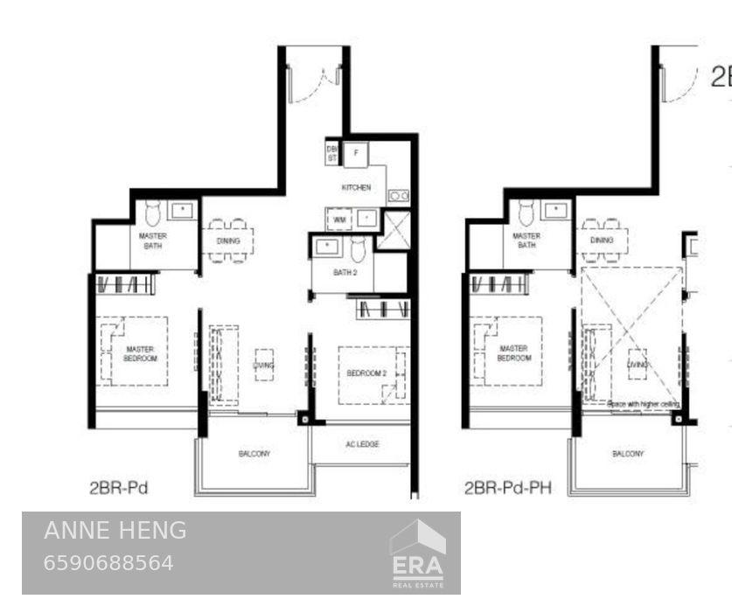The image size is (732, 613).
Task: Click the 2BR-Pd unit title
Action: [117, 488]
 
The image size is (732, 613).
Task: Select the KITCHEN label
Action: [356, 188]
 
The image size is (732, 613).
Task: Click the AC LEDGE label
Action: [361, 444]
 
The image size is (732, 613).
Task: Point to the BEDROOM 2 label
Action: [366, 373]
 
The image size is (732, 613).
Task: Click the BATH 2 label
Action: [345, 273]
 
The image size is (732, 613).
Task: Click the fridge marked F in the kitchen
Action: [356, 154]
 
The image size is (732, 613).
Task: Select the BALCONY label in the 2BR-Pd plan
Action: [254, 453]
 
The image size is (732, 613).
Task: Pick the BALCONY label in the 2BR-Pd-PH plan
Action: [627, 453]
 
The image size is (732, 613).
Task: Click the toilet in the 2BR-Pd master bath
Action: [152, 212]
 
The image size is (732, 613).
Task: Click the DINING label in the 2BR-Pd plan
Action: [228, 241]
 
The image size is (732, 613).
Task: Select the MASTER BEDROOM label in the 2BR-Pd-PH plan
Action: [514, 353]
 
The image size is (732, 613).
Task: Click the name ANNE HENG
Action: [115, 530]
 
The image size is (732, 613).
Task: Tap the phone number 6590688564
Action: [108, 562]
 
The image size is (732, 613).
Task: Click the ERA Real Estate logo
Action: [417, 554]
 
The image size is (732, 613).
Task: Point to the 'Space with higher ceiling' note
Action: [644, 405]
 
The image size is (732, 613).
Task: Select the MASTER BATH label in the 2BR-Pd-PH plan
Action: [526, 240]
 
